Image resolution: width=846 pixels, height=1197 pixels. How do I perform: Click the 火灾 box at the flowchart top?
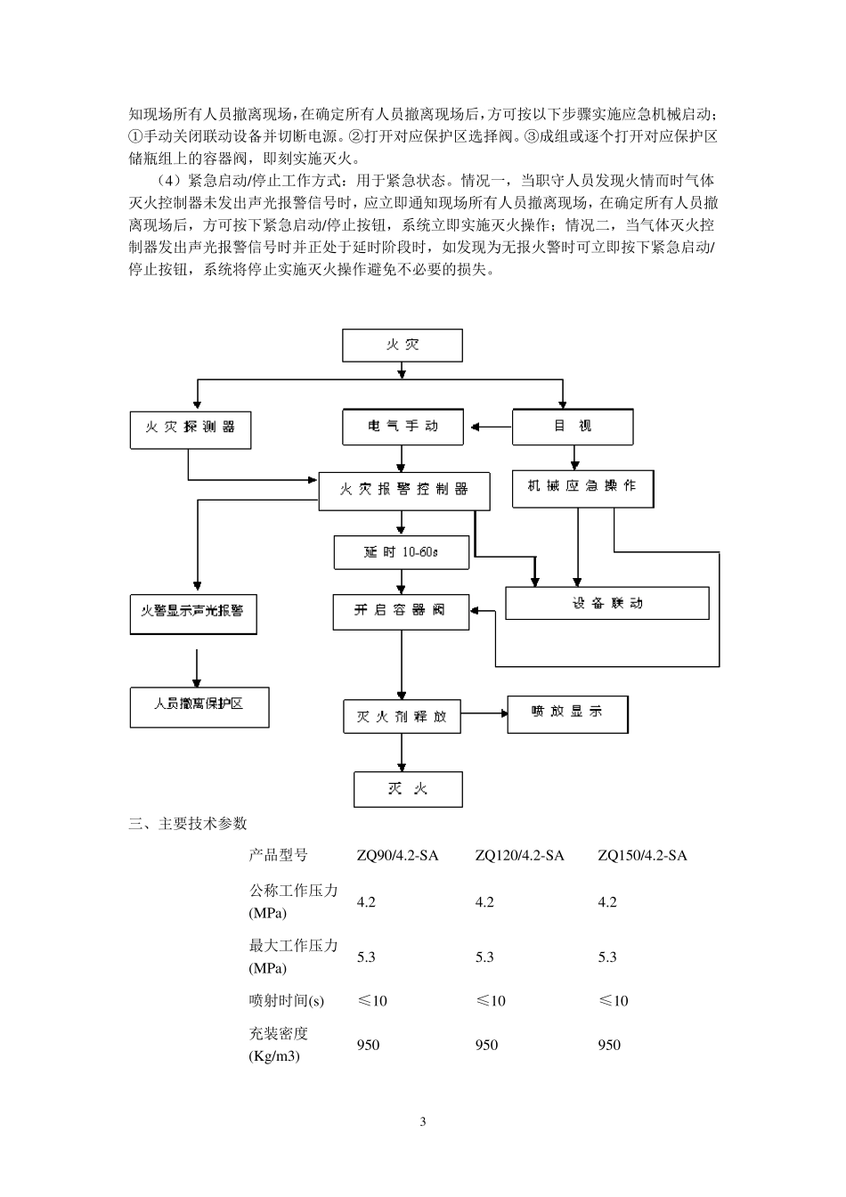(x=403, y=346)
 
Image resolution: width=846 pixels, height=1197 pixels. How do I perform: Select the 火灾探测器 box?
(x=190, y=428)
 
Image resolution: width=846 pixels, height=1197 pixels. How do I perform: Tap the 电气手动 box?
(x=403, y=427)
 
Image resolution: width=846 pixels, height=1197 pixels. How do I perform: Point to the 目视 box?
(x=573, y=427)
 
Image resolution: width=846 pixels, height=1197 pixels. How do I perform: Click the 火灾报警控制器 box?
(x=403, y=491)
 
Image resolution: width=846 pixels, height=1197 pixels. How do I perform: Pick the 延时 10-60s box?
(x=402, y=552)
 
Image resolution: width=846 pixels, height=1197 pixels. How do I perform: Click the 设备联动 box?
(x=607, y=603)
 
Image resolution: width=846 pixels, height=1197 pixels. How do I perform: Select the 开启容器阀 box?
(x=401, y=612)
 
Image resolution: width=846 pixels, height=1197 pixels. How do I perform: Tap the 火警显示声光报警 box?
(x=193, y=613)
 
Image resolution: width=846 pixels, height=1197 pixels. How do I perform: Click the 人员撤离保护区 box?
(x=199, y=706)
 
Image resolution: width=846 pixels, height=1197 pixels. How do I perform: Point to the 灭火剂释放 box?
(x=402, y=716)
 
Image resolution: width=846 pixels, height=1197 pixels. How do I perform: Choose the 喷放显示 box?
(x=567, y=714)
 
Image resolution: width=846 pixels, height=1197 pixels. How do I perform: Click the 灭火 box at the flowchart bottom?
(x=408, y=789)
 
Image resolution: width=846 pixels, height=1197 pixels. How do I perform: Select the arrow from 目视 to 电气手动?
(x=490, y=427)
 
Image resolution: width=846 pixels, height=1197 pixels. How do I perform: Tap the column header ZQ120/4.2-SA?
(x=519, y=856)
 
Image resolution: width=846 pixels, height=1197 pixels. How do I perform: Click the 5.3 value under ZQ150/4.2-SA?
(x=607, y=957)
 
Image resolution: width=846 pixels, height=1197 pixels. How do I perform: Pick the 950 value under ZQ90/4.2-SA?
(x=368, y=1045)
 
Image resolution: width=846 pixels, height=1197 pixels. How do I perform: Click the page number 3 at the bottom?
(x=423, y=1121)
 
